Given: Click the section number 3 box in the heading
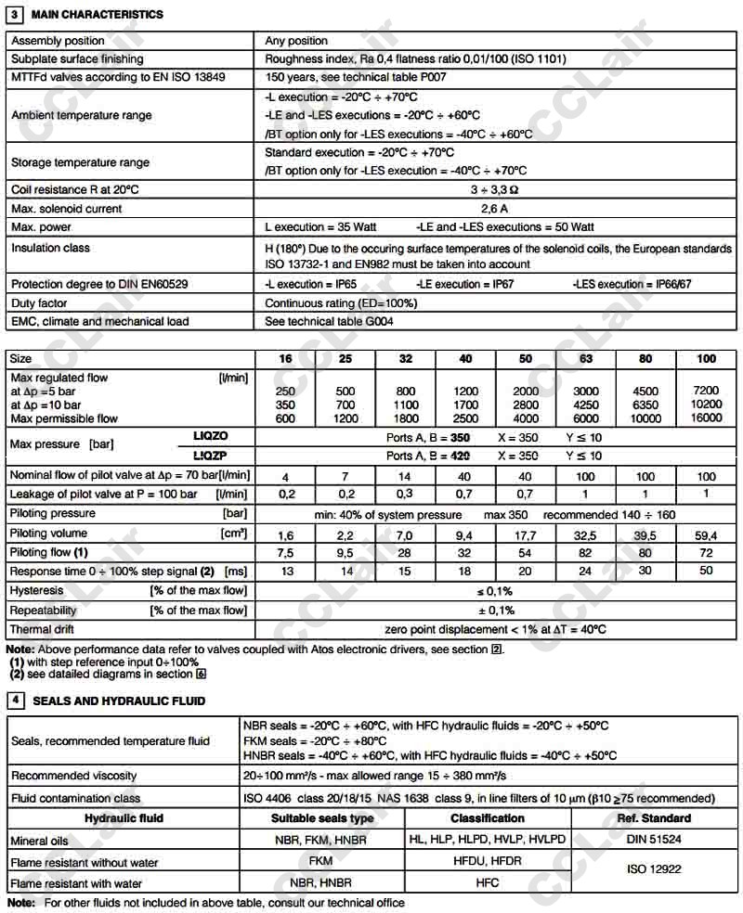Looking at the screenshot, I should pos(15,15).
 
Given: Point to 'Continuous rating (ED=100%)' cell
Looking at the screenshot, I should pos(341,303).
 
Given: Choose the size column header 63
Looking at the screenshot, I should pos(585,359).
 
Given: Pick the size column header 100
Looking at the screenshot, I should pos(707,359).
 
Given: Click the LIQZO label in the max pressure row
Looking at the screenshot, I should pos(210,435).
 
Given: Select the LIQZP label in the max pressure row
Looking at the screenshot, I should pos(210,456).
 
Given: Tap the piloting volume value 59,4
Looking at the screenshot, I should pos(707,534).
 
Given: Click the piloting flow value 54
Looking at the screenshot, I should pos(525,553).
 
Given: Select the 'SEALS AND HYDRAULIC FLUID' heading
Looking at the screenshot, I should pos(119,701).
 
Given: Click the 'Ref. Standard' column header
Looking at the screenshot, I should pos(654,818).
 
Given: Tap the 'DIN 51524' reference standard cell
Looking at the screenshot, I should pos(654,840).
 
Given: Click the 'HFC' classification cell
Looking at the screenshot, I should pos(488,883).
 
